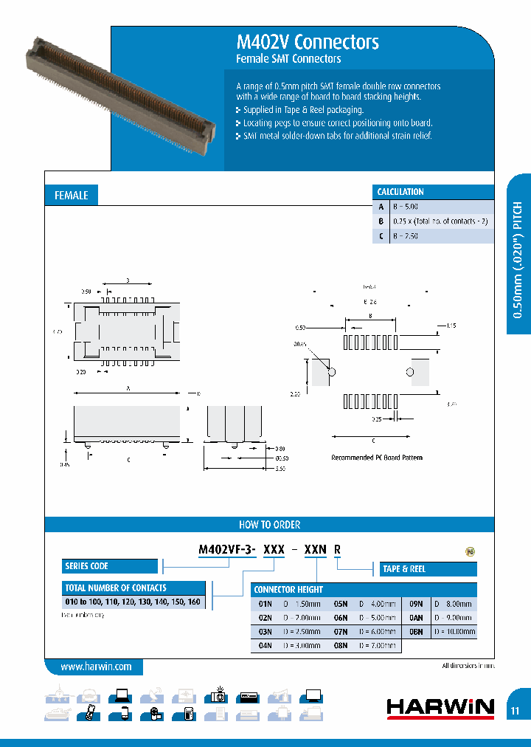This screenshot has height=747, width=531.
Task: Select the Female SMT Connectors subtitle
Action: point(288,59)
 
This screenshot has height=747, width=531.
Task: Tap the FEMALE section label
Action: point(72,195)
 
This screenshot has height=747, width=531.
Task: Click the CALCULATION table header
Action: point(400,192)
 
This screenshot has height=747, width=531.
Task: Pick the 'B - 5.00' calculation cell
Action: point(406,207)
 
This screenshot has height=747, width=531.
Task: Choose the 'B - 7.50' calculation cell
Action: point(406,235)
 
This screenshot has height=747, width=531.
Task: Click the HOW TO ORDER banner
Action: point(269,525)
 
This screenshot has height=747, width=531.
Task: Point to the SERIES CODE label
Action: point(87,566)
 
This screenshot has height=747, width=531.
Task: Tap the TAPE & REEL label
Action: point(404,569)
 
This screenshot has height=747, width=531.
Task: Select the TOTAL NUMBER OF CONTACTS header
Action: point(117,588)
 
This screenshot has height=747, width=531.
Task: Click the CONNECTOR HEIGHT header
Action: point(288,590)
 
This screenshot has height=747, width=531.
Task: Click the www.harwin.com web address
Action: point(96,667)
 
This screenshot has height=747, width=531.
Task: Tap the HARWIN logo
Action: point(440,708)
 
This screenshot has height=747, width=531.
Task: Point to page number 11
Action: point(515,711)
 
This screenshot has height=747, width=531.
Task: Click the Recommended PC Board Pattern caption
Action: point(377,458)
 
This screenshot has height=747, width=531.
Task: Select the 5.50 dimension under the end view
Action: point(280,469)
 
